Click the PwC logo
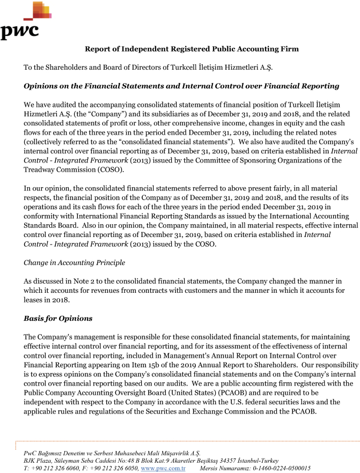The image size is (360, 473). (x=25, y=20)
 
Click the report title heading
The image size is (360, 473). (x=192, y=49)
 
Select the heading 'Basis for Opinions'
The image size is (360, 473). (x=58, y=318)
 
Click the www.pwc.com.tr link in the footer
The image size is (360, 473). (x=163, y=468)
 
